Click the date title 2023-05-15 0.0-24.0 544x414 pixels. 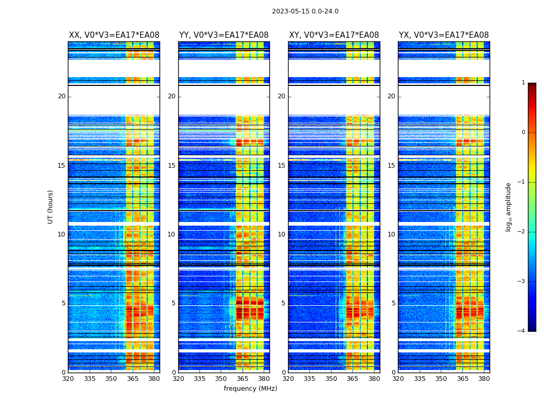tap(305, 11)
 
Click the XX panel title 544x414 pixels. tap(114, 35)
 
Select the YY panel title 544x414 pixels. tap(224, 35)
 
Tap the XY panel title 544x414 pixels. tap(334, 35)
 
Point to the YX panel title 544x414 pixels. tap(443, 35)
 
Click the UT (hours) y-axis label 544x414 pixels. tap(51, 206)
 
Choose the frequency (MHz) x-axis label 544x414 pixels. tap(250, 389)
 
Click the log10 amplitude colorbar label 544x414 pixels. tap(508, 206)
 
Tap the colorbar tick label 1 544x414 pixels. tap(523, 83)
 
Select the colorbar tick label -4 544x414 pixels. tap(522, 331)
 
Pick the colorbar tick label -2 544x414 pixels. tap(522, 232)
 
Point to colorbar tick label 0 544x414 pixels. tap(523, 132)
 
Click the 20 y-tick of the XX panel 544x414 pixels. tap(62, 96)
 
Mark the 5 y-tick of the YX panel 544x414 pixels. tap(393, 303)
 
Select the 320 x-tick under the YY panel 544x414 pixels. tap(178, 379)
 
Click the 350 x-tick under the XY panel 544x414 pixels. tap(331, 379)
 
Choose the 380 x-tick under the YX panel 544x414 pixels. tap(484, 379)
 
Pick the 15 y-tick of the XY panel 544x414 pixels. tap(281, 166)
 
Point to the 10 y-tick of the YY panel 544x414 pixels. tap(171, 234)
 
